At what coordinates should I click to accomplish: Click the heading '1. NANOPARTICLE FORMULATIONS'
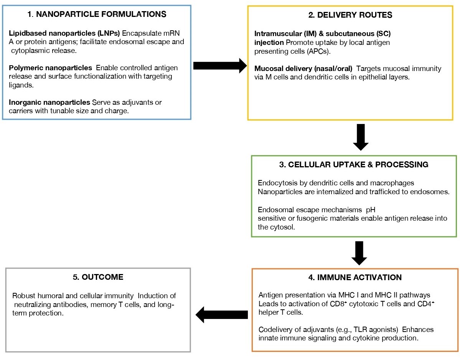click(97, 15)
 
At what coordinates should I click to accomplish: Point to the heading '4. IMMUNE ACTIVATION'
click(355, 277)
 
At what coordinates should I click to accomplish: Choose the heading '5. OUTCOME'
click(98, 277)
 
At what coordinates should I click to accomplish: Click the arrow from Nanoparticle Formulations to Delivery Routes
click(220, 66)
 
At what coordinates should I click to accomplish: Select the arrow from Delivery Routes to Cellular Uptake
click(360, 137)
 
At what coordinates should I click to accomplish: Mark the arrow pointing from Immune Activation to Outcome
click(222, 315)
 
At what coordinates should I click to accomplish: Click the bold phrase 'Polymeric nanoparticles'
click(50, 68)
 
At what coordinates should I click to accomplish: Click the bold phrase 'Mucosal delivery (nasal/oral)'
click(303, 69)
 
